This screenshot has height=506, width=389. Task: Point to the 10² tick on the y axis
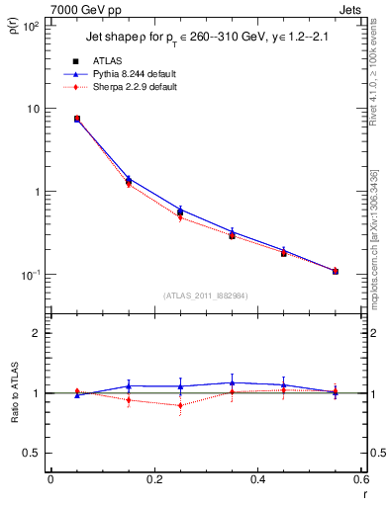pyautogui.click(x=31, y=25)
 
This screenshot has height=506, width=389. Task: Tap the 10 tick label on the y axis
pyautogui.click(x=33, y=109)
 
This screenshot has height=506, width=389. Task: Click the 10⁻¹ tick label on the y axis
pyautogui.click(x=31, y=275)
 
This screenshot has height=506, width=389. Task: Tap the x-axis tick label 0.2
pyautogui.click(x=153, y=479)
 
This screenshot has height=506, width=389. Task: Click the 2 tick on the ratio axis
pyautogui.click(x=36, y=333)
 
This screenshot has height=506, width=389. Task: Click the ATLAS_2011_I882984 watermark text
pyautogui.click(x=205, y=295)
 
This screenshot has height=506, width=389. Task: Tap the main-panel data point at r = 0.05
pyautogui.click(x=76, y=119)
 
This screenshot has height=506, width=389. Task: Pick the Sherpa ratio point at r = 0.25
pyautogui.click(x=180, y=405)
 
